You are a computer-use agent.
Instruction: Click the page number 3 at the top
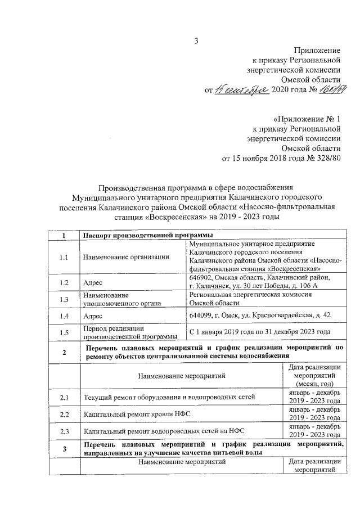coord(196,40)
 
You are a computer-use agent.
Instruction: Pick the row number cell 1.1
coord(64,257)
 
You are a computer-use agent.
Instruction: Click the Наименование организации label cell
coord(125,257)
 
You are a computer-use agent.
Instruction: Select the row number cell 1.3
coord(64,299)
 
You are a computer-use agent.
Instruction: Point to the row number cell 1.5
coord(64,332)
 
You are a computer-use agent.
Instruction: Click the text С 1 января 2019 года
coord(223,332)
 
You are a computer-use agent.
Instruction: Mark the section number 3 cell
coord(64,448)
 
